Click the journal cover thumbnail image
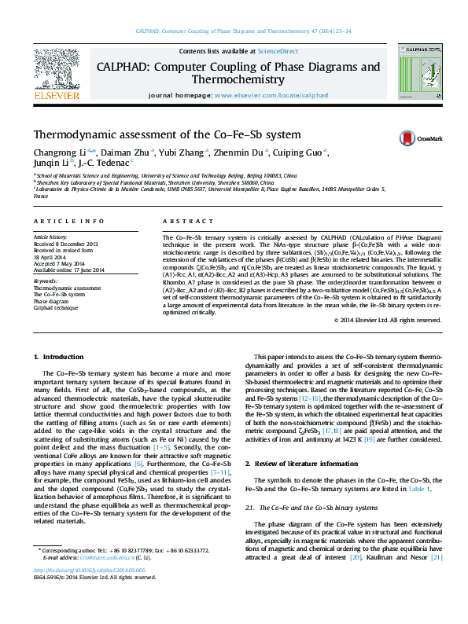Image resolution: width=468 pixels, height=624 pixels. point(418,74)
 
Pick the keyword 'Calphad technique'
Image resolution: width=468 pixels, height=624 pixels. point(54,307)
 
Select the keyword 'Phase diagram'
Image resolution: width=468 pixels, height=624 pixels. point(50,301)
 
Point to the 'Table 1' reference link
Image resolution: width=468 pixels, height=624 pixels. point(417,489)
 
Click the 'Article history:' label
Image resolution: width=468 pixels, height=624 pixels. point(50,236)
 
